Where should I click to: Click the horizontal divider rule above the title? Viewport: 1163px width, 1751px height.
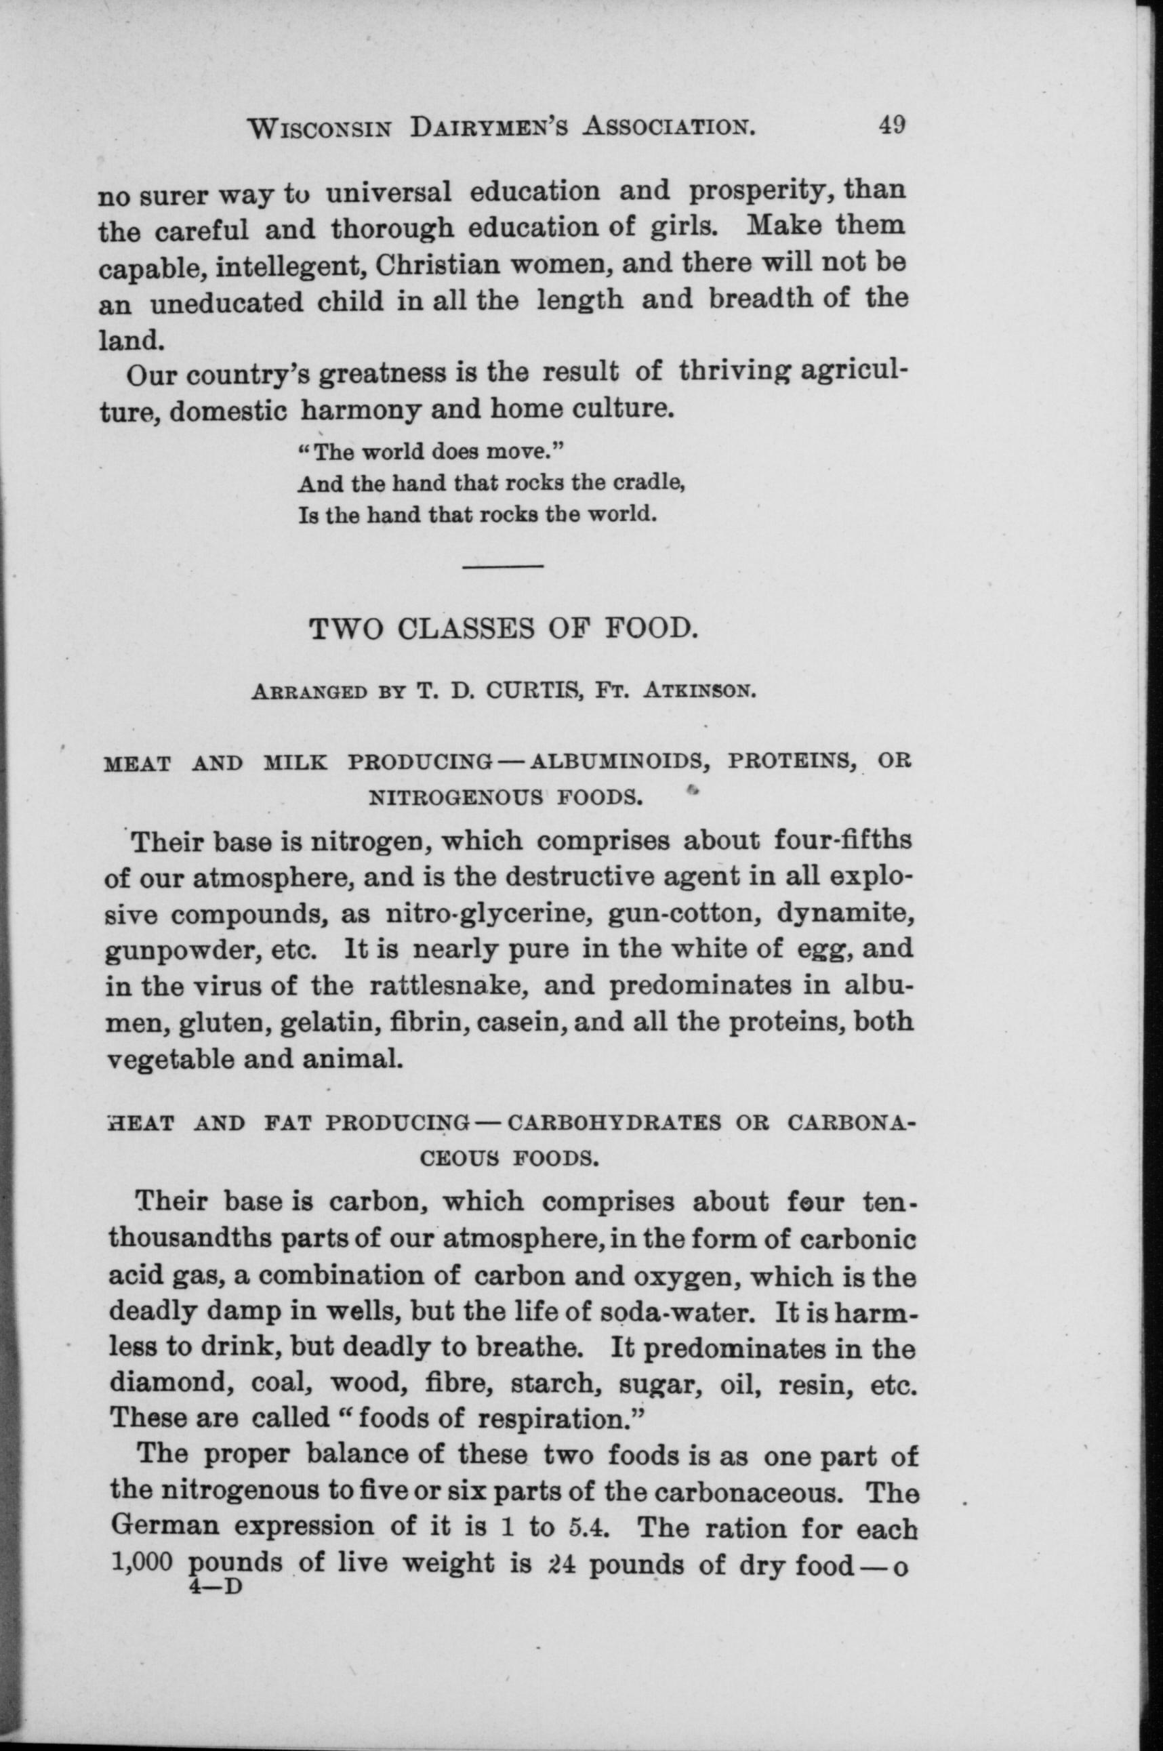pyautogui.click(x=504, y=567)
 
